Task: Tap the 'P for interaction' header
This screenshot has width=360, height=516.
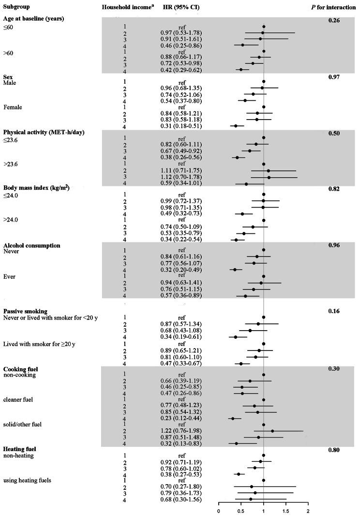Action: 333,8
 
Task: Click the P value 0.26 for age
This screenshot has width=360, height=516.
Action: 333,20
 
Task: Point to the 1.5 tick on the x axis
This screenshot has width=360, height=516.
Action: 285,510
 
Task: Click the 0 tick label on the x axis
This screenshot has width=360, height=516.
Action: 219,510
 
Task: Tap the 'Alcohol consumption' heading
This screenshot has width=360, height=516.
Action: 31,245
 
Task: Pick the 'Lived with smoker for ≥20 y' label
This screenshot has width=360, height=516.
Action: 41,343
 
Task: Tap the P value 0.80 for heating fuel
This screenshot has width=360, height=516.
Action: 333,450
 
